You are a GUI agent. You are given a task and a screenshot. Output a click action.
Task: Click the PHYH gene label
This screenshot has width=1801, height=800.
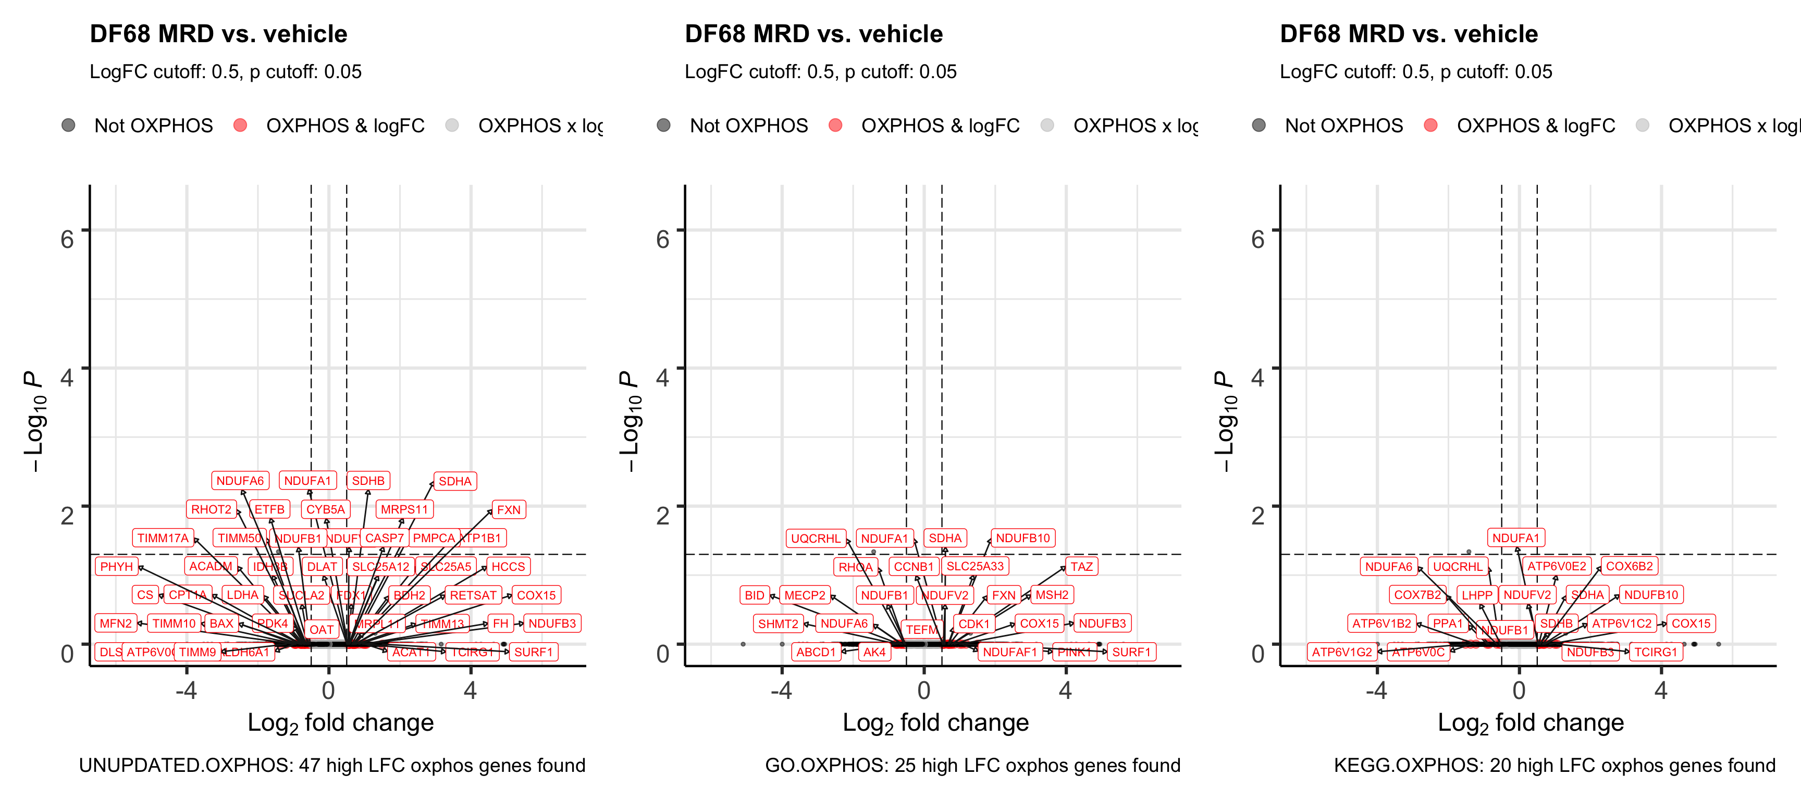[116, 567]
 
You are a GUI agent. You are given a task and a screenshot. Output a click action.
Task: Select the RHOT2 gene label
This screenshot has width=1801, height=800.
[211, 509]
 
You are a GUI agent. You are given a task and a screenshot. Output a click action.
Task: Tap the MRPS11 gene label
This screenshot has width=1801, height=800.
[404, 509]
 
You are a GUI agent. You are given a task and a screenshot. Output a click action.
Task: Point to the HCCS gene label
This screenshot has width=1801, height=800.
[508, 567]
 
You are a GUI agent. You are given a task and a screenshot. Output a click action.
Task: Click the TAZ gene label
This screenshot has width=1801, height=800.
[1081, 567]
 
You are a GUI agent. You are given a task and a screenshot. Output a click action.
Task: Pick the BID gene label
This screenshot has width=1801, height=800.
[755, 595]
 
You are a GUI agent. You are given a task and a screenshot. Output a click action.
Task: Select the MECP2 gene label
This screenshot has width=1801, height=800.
[805, 595]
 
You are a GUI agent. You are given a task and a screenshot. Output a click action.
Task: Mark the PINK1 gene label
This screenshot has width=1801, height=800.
[1074, 652]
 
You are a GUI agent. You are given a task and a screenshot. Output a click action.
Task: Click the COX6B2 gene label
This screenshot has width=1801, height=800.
[1629, 566]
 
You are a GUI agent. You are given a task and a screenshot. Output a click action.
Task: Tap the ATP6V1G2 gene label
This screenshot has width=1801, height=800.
[1342, 652]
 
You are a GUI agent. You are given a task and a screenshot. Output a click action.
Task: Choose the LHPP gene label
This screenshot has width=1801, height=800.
[1476, 595]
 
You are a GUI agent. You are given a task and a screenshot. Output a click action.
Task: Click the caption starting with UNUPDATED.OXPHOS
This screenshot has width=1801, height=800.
[332, 766]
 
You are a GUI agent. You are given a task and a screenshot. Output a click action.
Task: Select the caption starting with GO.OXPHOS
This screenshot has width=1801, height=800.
[972, 766]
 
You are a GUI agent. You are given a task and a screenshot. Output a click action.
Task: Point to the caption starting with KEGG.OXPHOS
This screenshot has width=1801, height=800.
[1554, 766]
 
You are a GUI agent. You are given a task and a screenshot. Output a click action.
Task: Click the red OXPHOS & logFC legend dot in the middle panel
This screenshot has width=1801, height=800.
[835, 126]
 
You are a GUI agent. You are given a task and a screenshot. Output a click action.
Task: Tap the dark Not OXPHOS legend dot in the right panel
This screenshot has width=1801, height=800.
[1259, 126]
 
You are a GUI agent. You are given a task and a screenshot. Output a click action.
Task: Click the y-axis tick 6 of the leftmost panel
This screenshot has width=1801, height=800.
[67, 239]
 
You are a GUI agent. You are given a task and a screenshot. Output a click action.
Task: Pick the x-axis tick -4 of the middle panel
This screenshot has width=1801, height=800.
[781, 690]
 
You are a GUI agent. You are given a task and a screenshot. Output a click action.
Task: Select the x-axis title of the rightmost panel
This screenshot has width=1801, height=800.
[1531, 723]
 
